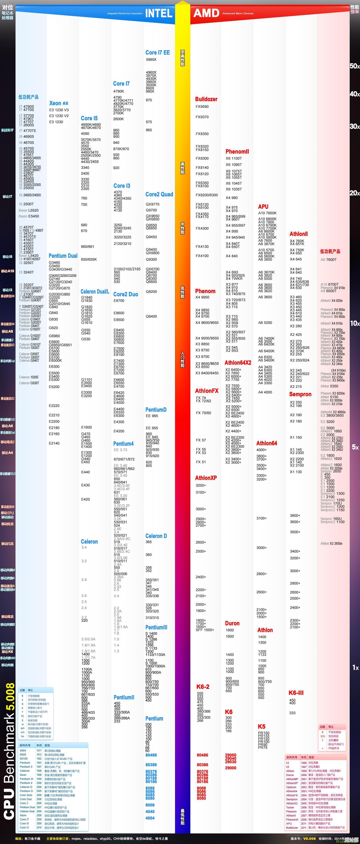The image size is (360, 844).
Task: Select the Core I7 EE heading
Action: [x=157, y=52]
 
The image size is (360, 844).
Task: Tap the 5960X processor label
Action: [x=151, y=60]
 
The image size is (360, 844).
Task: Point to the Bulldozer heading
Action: [x=206, y=99]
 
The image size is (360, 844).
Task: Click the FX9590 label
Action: [x=202, y=106]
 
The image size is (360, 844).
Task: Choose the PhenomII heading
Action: [x=237, y=151]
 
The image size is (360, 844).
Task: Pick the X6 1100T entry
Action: [x=234, y=158]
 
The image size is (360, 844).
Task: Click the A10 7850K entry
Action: [x=267, y=213]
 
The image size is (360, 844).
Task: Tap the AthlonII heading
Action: [x=298, y=234]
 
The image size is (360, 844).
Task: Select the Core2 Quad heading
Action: [x=159, y=194]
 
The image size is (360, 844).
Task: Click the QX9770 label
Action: [x=153, y=204]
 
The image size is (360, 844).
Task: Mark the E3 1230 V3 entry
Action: [x=59, y=110]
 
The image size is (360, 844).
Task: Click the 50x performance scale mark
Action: [x=354, y=66]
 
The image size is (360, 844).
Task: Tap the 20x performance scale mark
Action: [x=354, y=193]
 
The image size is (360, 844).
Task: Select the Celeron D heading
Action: [x=156, y=536]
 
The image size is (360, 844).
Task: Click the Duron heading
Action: [x=232, y=623]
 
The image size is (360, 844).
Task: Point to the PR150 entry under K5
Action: [x=264, y=733]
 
